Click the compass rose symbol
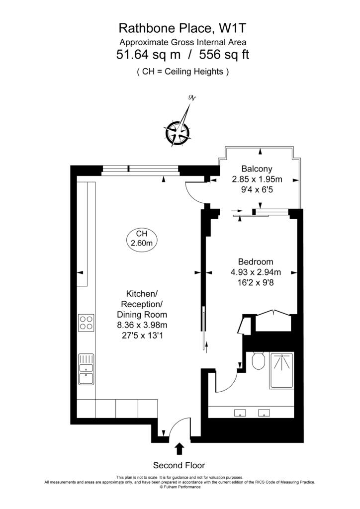point(178,132)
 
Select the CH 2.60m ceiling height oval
point(141,239)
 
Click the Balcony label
point(257,169)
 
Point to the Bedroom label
point(256,262)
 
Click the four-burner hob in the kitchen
point(86,323)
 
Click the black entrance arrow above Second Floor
point(180,449)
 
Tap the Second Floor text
point(179,465)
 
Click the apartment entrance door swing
point(178,426)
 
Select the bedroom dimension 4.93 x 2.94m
point(256,272)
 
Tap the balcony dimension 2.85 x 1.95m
point(257,179)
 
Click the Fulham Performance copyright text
point(180,487)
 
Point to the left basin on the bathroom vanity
point(241,412)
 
